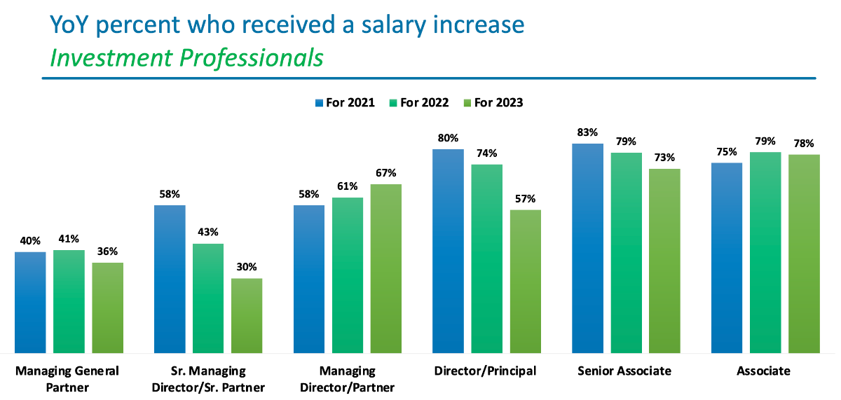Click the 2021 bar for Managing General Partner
point(30,302)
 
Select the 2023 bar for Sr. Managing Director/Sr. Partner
point(247,315)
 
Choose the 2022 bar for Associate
point(765,252)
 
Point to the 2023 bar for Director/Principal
point(526,281)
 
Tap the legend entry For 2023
point(493,103)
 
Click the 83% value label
point(587,132)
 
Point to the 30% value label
point(247,267)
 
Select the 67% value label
point(386,173)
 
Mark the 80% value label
point(449,138)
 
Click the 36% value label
point(108,251)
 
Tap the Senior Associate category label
point(624,371)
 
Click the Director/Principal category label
point(486,371)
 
